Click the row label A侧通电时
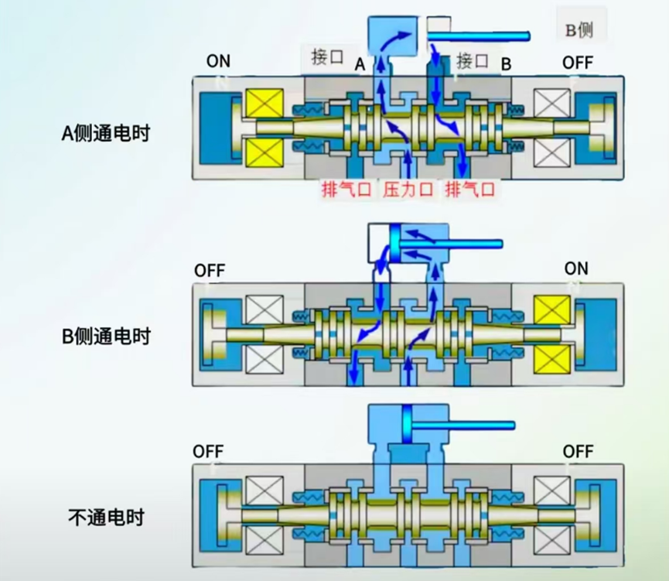point(105,133)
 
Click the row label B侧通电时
point(105,337)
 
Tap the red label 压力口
point(408,190)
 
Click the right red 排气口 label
point(469,190)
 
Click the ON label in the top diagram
point(218,62)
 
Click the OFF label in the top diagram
point(578,62)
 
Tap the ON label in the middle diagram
point(576,268)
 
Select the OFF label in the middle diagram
point(210,271)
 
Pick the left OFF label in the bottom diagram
point(209,452)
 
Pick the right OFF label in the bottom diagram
point(578,452)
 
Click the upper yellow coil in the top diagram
point(264,105)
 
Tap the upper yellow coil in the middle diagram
point(552,312)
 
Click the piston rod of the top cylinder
point(480,36)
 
